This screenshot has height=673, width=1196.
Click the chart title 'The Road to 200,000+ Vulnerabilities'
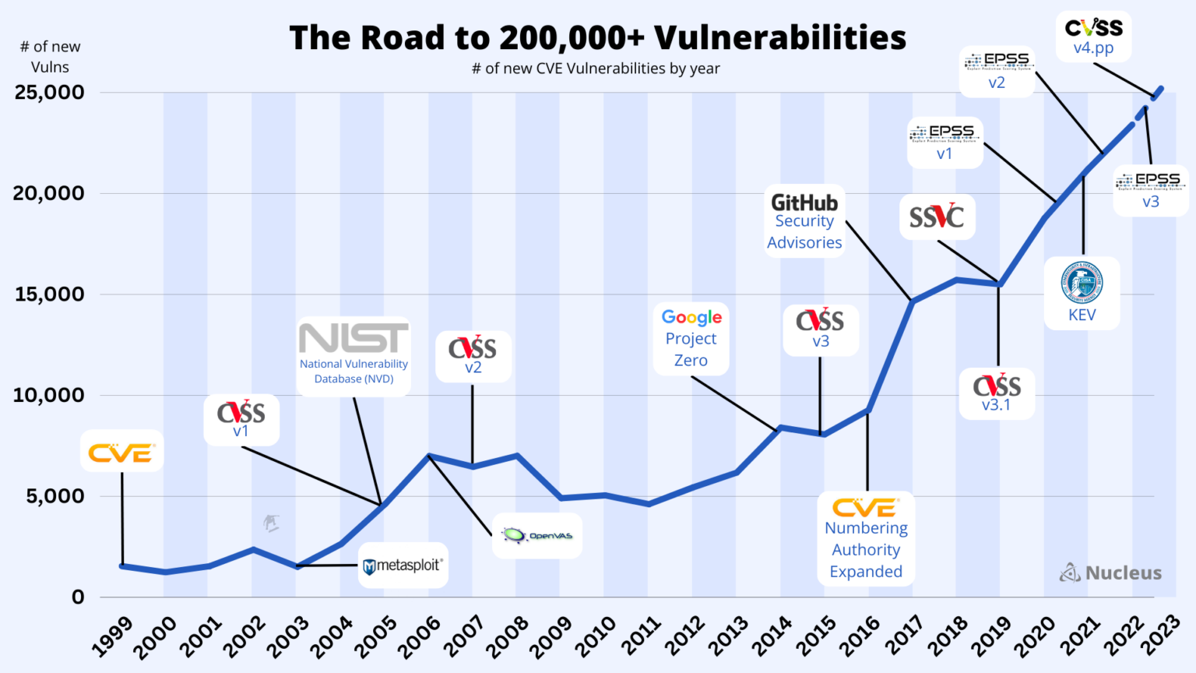597,37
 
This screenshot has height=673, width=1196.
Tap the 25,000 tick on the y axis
50,93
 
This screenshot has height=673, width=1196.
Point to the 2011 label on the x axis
642,635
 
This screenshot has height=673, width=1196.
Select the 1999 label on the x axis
112,635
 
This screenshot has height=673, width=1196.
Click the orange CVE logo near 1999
121,452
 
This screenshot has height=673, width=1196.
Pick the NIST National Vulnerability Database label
354,357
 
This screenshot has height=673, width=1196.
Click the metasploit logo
403,566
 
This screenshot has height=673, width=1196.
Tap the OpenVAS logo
537,536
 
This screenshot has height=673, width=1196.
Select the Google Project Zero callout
691,339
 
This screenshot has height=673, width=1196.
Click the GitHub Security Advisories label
804,222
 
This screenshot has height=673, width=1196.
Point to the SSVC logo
937,217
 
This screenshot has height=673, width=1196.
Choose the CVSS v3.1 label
997,394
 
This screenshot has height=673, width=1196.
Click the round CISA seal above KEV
1082,282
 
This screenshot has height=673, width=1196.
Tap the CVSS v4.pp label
1094,37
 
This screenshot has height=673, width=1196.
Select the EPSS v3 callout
1151,190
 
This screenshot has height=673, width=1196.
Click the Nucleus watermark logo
1111,573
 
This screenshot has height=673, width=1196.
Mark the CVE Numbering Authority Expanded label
866,539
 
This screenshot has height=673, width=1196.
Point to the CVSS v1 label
241,419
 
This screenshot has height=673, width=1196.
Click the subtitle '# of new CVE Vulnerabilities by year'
596,69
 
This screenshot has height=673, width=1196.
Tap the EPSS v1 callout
944,143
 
